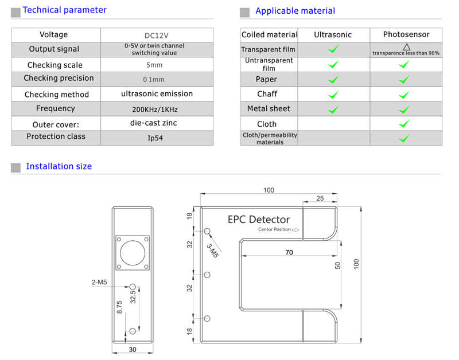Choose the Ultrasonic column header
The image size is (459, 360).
[x=333, y=35]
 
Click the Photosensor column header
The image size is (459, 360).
[x=406, y=35]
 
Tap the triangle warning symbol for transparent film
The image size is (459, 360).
[x=406, y=46]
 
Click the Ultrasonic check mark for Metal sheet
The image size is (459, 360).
[x=333, y=109]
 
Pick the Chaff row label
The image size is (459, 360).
[x=267, y=94]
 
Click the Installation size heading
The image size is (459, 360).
[x=59, y=167]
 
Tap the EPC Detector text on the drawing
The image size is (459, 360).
[x=259, y=219]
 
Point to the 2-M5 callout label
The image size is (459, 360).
[x=99, y=282]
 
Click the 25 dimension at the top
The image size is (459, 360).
[x=319, y=198]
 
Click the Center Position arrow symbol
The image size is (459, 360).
[x=295, y=230]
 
